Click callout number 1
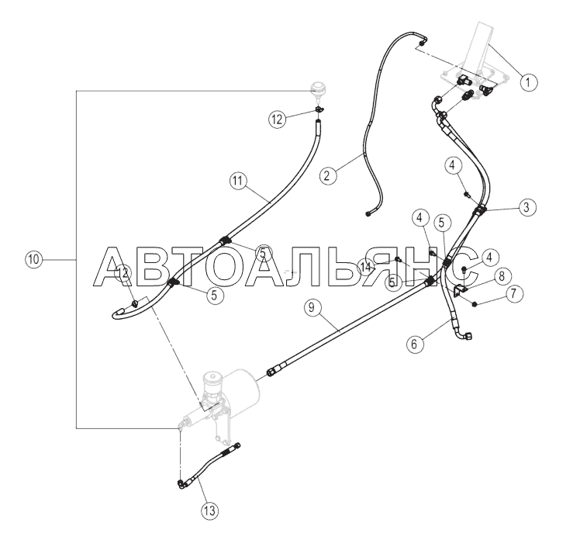[526, 80]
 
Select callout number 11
[237, 181]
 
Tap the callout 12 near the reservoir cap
[278, 119]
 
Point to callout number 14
[366, 266]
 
